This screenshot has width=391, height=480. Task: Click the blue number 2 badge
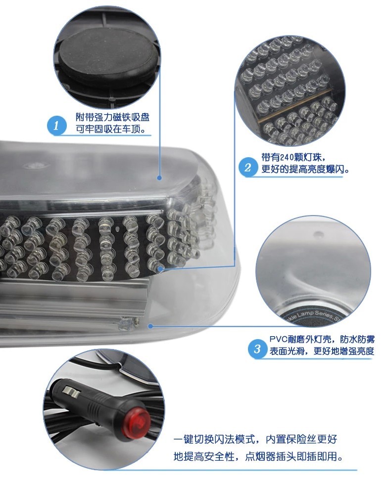pyautogui.click(x=247, y=167)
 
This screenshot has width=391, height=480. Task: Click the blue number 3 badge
pyautogui.click(x=257, y=349)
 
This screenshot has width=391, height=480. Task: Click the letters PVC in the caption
pyautogui.click(x=279, y=339)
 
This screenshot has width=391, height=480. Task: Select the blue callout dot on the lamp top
pyautogui.click(x=159, y=177)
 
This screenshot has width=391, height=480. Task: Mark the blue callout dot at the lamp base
pyautogui.click(x=150, y=326)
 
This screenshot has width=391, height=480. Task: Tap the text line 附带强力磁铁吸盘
pyautogui.click(x=112, y=117)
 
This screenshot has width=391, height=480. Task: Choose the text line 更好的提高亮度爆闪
pyautogui.click(x=305, y=169)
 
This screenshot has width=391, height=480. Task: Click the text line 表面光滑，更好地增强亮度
pyautogui.click(x=322, y=351)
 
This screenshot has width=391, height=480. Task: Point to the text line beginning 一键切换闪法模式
pyautogui.click(x=255, y=439)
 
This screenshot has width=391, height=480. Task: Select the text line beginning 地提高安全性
pyautogui.click(x=258, y=457)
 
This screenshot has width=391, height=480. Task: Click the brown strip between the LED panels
pyautogui.click(x=295, y=105)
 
